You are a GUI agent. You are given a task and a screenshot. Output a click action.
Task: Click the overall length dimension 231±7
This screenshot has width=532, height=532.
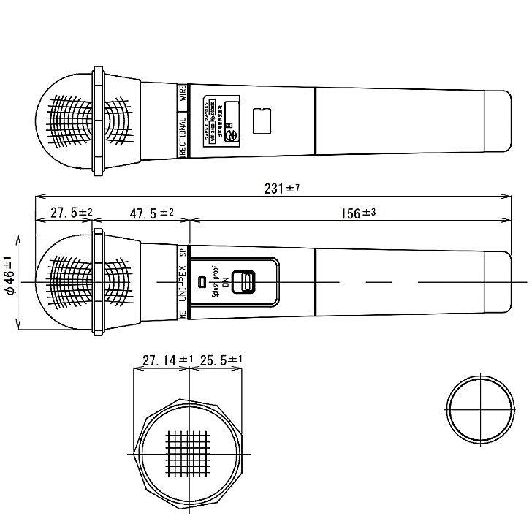click(281, 188)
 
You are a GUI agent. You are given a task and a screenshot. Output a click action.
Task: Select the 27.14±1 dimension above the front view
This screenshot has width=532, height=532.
click(167, 360)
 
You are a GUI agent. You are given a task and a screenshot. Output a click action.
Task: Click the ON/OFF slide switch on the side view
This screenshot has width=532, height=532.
click(244, 282)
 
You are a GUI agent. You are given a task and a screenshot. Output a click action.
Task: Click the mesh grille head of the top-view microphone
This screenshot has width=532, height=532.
click(69, 121)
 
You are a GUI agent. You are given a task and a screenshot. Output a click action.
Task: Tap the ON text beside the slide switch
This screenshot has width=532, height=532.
click(226, 282)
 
